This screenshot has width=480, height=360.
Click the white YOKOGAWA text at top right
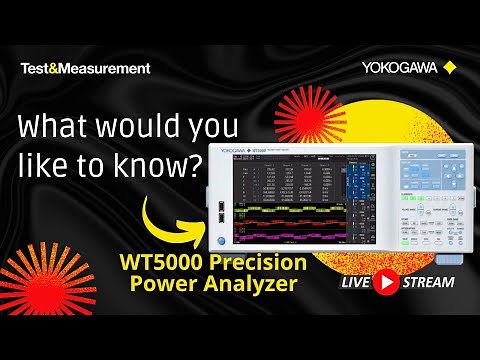(x=399, y=69)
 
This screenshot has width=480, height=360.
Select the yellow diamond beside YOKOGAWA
(x=449, y=69)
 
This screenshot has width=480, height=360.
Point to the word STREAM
(x=428, y=282)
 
